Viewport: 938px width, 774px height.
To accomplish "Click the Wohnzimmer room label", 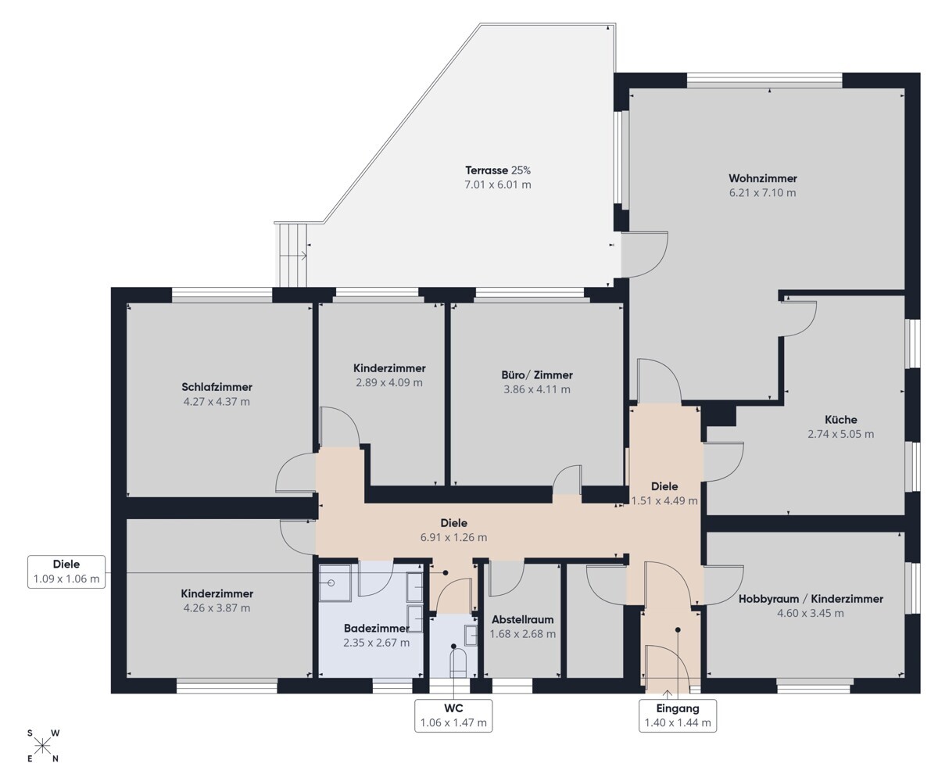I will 763,178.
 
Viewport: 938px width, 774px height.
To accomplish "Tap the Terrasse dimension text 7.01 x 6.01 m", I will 498,185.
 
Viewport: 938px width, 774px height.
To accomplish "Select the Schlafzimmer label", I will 217,387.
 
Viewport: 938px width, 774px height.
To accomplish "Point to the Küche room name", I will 840,419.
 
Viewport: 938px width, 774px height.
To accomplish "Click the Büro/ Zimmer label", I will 537,374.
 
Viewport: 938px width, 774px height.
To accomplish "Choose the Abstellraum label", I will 522,619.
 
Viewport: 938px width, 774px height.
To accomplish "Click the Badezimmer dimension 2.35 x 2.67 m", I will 376,643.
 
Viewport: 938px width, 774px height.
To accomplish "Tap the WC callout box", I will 453,715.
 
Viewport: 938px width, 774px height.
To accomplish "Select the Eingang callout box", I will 678,715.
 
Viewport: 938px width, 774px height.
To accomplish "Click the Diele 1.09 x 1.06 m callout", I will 66,572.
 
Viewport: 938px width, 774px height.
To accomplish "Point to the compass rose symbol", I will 43,746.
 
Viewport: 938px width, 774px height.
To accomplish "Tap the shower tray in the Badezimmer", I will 335,583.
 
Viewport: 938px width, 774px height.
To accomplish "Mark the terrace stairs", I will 292,255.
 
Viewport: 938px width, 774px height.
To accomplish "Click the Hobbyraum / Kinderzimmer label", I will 811,599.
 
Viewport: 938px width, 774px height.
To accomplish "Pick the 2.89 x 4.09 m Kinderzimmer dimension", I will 388,382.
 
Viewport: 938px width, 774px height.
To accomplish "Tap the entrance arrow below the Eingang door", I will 668,693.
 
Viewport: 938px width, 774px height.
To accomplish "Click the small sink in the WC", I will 471,635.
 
